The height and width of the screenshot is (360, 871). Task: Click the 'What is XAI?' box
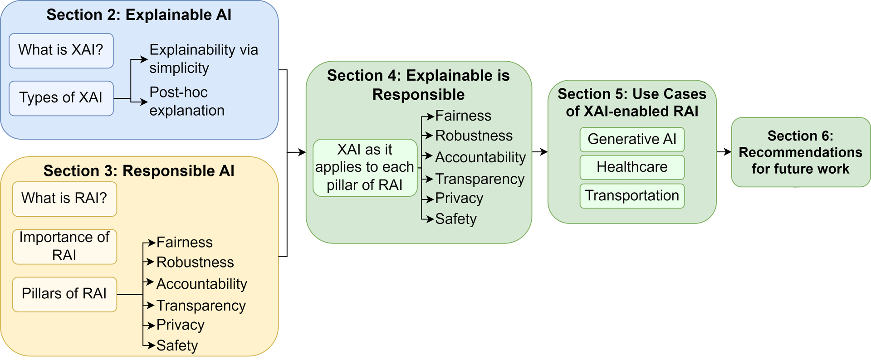[x=61, y=50]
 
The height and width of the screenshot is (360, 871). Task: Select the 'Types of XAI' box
[x=61, y=98]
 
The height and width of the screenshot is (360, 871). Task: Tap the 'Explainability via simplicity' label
[x=203, y=58]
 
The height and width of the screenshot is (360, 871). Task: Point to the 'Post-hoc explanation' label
[x=186, y=101]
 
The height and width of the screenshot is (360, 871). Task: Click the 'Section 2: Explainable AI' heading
[x=139, y=15]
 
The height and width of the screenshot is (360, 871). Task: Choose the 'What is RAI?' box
[x=64, y=199]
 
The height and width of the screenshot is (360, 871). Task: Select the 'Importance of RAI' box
[x=64, y=246]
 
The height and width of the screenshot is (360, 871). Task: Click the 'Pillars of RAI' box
[x=64, y=294]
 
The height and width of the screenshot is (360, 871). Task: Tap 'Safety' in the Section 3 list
[x=177, y=345]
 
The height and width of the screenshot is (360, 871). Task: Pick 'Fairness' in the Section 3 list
[x=184, y=243]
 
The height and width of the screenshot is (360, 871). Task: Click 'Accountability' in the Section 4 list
[x=480, y=157]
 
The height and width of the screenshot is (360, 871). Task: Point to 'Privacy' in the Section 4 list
[x=459, y=198]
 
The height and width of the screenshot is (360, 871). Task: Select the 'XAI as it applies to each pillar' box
[x=365, y=167]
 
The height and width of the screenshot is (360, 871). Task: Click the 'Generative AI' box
[x=631, y=139]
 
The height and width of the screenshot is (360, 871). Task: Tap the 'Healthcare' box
[x=631, y=167]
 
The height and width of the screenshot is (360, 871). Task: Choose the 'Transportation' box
[x=631, y=195]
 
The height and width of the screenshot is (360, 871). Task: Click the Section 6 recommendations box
[x=800, y=152]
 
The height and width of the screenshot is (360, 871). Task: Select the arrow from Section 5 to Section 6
[x=724, y=152]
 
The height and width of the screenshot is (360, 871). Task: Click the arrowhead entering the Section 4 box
[x=303, y=152]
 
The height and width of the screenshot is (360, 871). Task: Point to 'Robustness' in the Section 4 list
[x=474, y=136]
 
